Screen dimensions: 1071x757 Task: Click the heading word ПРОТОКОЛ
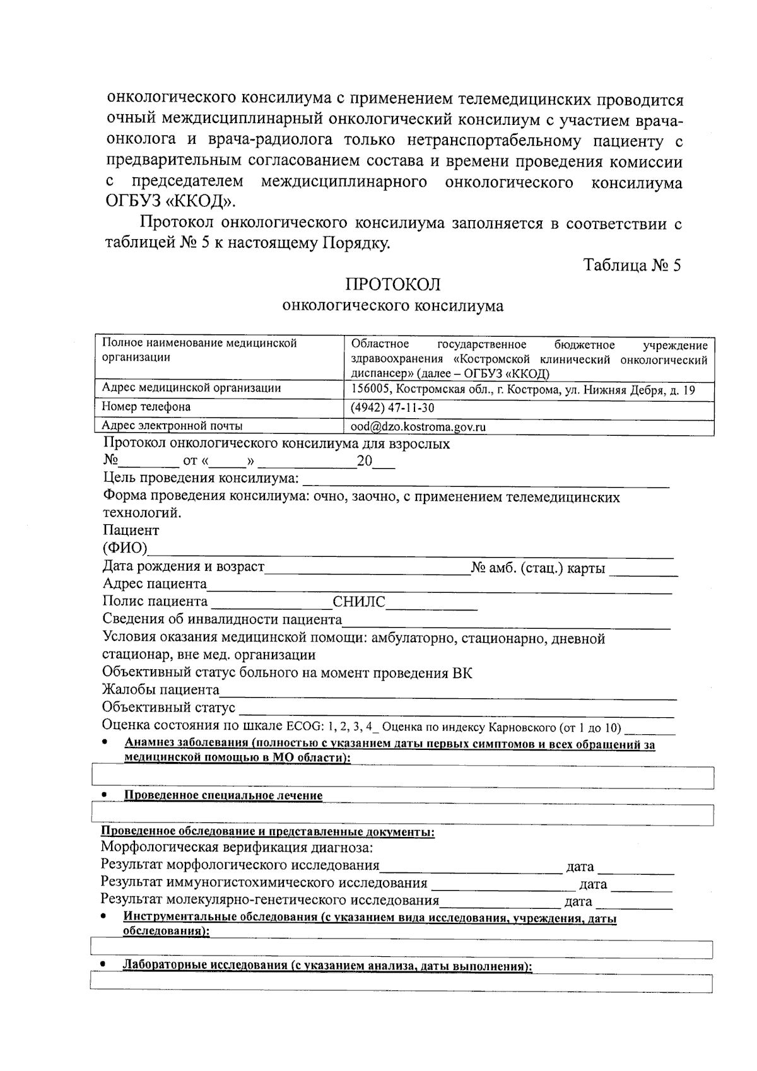pos(392,284)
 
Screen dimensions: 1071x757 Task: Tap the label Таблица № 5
pos(632,264)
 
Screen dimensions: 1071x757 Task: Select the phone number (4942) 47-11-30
pos(392,408)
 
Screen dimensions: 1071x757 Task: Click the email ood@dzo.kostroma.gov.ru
pos(418,427)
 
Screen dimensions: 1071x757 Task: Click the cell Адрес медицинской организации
pos(191,389)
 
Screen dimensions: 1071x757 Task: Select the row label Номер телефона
pos(146,407)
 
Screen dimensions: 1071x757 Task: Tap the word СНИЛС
pos(359,602)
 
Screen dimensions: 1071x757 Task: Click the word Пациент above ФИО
pos(131,530)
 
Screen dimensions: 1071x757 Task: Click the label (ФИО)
pos(125,547)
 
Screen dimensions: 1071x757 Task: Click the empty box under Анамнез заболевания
pos(402,778)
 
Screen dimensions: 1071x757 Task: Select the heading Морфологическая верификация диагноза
pos(237,847)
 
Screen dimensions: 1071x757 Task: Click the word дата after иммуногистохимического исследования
pos(593,884)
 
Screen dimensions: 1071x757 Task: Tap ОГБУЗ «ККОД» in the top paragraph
pos(169,202)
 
